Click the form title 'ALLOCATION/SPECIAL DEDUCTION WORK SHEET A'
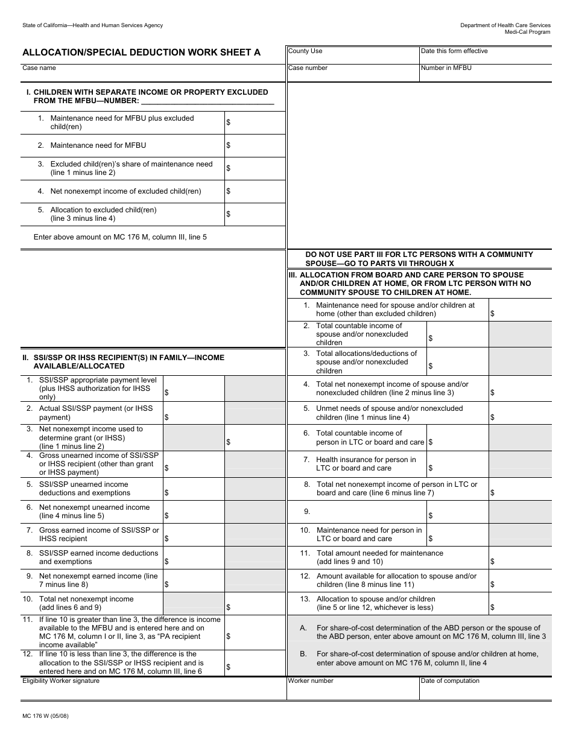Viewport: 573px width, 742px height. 142,52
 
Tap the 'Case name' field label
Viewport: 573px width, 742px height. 39,68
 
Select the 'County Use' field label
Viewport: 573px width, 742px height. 305,51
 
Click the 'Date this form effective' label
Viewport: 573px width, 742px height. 454,51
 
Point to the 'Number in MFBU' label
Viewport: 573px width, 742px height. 446,68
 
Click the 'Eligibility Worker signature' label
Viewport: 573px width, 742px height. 61,681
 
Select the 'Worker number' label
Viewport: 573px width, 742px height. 311,681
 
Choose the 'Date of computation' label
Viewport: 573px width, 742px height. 450,681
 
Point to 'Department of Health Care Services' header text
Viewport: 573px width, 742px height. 505,25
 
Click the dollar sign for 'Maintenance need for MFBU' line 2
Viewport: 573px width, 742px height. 229,145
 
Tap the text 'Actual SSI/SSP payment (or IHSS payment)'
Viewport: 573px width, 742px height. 96,413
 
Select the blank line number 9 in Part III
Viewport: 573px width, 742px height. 307,512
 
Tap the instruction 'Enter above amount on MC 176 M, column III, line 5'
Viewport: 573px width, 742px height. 120,237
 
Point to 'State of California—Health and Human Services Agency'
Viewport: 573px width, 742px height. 92,25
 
